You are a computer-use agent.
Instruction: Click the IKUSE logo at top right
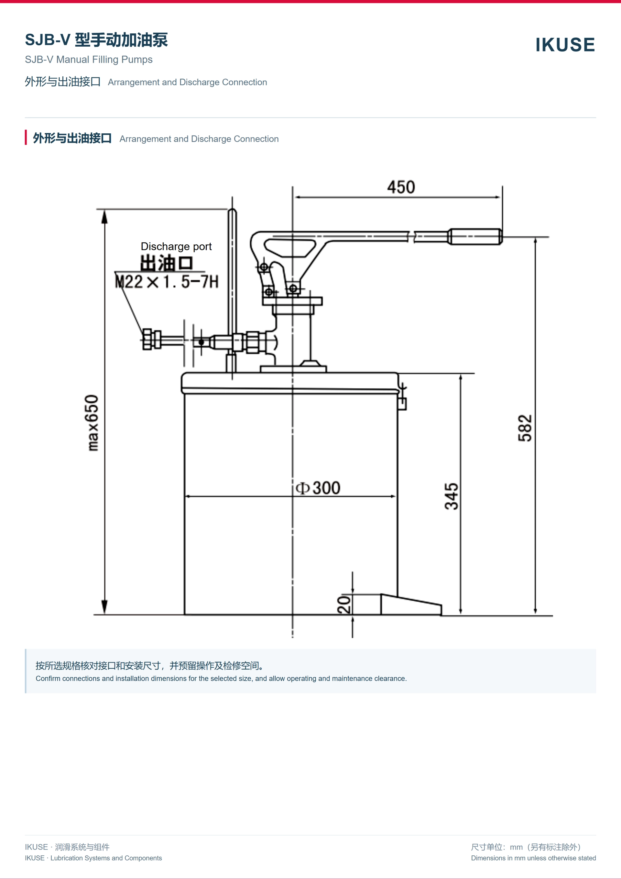click(565, 45)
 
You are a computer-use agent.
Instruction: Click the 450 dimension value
click(401, 187)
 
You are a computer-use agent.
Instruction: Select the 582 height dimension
click(525, 428)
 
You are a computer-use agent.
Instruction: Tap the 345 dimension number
click(452, 496)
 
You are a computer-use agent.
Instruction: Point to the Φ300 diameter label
click(318, 488)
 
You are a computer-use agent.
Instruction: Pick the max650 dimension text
click(92, 423)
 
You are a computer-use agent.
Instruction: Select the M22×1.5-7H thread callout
click(167, 282)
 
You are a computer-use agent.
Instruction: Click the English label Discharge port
click(176, 246)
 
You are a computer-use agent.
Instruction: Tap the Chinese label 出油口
click(167, 263)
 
